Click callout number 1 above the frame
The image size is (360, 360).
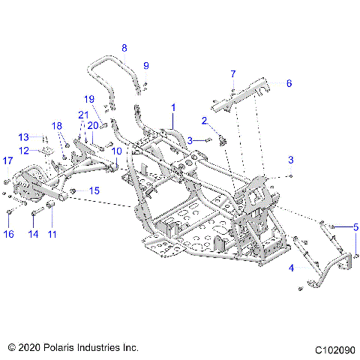coord(173,107)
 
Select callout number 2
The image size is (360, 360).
coord(204,120)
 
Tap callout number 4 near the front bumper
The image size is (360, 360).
coord(292,265)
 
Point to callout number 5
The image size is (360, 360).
coord(356,226)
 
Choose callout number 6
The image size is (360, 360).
coord(289,84)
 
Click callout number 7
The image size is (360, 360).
coord(232,73)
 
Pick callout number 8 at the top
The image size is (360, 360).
coord(124,47)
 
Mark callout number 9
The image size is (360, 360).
coord(146,65)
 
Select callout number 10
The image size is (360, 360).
coord(116,151)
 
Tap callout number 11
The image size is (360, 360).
coord(52,234)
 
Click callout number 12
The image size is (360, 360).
coord(23,151)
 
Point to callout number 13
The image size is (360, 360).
coord(23,136)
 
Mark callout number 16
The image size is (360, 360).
coord(8,234)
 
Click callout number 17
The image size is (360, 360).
coord(8,160)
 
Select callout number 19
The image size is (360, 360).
coord(89,99)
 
